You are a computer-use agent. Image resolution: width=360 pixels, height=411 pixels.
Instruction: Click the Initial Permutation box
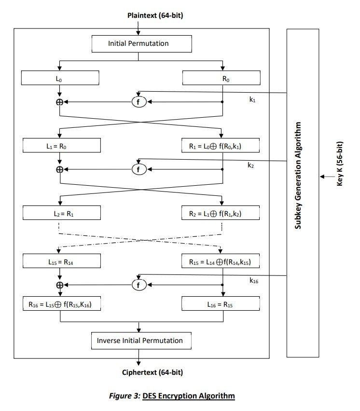(138, 43)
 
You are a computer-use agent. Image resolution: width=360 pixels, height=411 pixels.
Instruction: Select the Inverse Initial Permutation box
(140, 341)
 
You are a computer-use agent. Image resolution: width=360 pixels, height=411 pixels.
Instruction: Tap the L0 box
(60, 78)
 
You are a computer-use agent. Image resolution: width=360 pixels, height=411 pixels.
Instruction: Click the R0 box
(222, 78)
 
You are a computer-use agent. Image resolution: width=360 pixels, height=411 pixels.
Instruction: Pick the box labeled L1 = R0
(60, 145)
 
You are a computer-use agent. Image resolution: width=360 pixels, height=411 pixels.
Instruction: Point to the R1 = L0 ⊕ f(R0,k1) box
(222, 145)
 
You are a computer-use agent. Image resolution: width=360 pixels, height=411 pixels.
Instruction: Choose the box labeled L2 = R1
(60, 212)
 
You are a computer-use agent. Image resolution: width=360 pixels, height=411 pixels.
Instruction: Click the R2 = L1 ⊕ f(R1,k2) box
(222, 212)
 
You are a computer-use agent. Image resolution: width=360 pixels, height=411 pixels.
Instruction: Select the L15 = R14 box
(60, 262)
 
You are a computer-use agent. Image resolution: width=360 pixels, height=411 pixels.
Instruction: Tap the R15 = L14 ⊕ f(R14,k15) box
(222, 262)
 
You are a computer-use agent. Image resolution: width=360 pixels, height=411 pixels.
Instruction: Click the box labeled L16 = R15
(222, 304)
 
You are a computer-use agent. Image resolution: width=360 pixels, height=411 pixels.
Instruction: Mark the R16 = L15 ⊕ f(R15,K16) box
(60, 304)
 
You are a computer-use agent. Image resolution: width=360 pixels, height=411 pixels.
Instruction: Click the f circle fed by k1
(139, 102)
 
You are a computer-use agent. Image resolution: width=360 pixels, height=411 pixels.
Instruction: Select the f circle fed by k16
(139, 285)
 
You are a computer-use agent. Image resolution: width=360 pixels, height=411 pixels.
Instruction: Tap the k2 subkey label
(250, 165)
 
